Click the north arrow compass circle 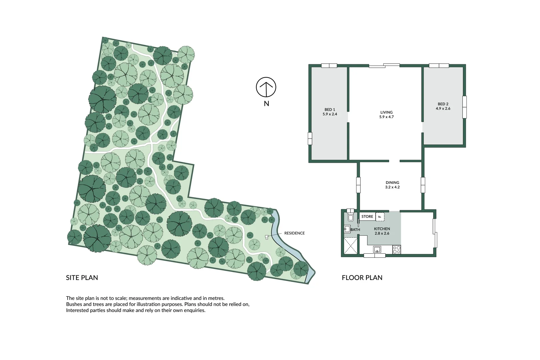click(x=266, y=87)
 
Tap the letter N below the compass click(x=266, y=104)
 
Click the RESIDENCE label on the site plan click(x=294, y=233)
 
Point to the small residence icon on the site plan click(x=267, y=237)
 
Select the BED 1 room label click(x=330, y=110)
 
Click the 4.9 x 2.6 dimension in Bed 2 click(x=443, y=109)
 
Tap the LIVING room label click(x=386, y=112)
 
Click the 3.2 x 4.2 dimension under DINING click(x=392, y=187)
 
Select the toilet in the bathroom click(x=350, y=216)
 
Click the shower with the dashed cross click(x=350, y=246)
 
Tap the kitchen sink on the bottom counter click(x=377, y=249)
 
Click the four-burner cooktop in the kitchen click(x=396, y=250)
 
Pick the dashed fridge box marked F click(x=380, y=217)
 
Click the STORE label click(x=367, y=217)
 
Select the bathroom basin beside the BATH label click(x=347, y=229)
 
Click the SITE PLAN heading click(x=82, y=278)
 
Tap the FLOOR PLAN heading click(x=362, y=278)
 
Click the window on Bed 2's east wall click(x=464, y=107)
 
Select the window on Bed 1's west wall click(x=310, y=138)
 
